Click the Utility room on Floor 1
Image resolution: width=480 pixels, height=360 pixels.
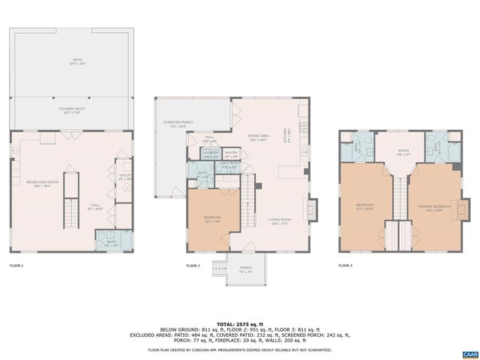pyautogui.click(x=124, y=177)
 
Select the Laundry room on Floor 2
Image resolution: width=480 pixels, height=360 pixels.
pyautogui.click(x=211, y=154)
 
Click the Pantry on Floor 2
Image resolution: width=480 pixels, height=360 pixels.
pyautogui.click(x=232, y=154)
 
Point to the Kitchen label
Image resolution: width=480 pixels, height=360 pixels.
pyautogui.click(x=285, y=139)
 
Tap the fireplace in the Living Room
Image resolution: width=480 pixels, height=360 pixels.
pyautogui.click(x=313, y=208)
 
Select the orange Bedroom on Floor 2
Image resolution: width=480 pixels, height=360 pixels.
pyautogui.click(x=212, y=219)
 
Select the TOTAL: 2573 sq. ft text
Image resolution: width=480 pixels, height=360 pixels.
pyautogui.click(x=240, y=323)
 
